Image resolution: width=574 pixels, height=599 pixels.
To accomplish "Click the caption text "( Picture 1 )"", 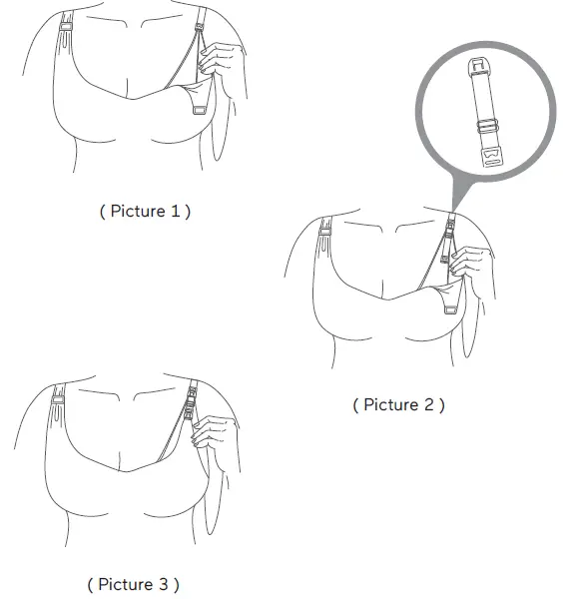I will (x=144, y=212).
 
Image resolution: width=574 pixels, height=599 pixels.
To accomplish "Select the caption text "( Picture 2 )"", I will (x=398, y=404).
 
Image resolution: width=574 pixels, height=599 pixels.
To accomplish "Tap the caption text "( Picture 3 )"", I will (x=133, y=584).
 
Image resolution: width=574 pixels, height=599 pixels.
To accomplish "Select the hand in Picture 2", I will (x=467, y=268).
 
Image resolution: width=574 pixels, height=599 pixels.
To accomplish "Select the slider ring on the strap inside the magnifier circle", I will (x=487, y=127).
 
